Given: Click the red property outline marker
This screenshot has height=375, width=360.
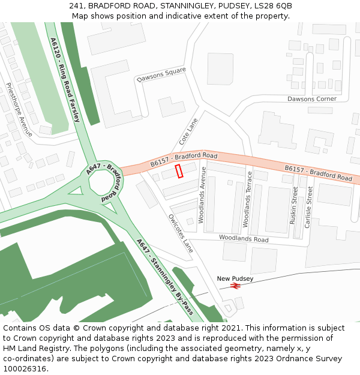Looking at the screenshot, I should coord(179,171).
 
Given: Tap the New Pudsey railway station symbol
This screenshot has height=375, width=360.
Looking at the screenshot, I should coord(235,286).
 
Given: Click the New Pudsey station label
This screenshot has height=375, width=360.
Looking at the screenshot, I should coord(235,278).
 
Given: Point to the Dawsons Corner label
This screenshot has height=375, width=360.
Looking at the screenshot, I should coord(311,99).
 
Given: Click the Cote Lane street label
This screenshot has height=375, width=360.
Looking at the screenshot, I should coord(188,131).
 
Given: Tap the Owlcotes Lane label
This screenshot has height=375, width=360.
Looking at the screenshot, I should coord(181,233).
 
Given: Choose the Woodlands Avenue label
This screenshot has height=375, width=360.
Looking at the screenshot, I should coord(202,195).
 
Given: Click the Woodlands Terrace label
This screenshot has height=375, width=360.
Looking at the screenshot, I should coord(247,199).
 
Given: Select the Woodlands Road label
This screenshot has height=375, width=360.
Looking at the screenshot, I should coord(244,238).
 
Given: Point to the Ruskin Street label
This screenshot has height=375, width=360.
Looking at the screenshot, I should coord(294,205).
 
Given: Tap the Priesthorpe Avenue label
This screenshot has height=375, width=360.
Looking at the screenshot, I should coord(19,109).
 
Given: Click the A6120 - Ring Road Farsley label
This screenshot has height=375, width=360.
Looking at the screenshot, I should coord(65,80).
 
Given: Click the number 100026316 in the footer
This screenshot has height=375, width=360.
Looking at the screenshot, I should coord(24,369).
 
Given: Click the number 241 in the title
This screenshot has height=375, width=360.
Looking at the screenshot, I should coord(76,5).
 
